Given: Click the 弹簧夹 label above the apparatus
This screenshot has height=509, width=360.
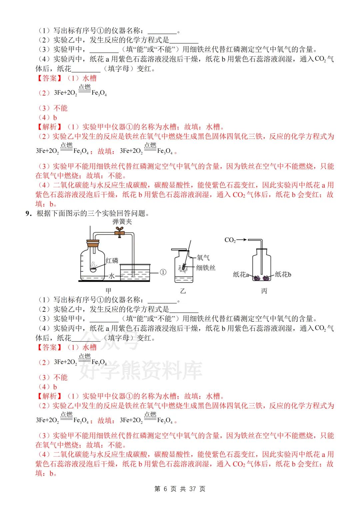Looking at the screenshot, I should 122,222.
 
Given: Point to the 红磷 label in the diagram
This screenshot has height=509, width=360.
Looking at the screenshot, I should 112,260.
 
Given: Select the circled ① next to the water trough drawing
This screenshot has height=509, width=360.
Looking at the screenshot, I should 163,272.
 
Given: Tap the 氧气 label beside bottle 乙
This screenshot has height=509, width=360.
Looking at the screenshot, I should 203,257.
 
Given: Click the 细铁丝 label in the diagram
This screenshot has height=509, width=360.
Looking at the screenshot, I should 206,267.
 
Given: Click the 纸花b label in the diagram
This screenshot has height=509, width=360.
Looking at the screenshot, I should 283,274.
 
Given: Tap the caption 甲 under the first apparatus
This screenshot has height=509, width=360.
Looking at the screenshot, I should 108,290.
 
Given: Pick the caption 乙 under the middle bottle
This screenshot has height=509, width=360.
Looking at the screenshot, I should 183,291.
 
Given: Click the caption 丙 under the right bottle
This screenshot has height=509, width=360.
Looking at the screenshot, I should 264,291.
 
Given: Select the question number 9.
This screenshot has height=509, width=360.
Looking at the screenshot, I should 28,213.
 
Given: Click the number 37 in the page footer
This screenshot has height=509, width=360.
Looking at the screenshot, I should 192,489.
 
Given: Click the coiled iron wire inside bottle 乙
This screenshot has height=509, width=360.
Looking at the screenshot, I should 183,267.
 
